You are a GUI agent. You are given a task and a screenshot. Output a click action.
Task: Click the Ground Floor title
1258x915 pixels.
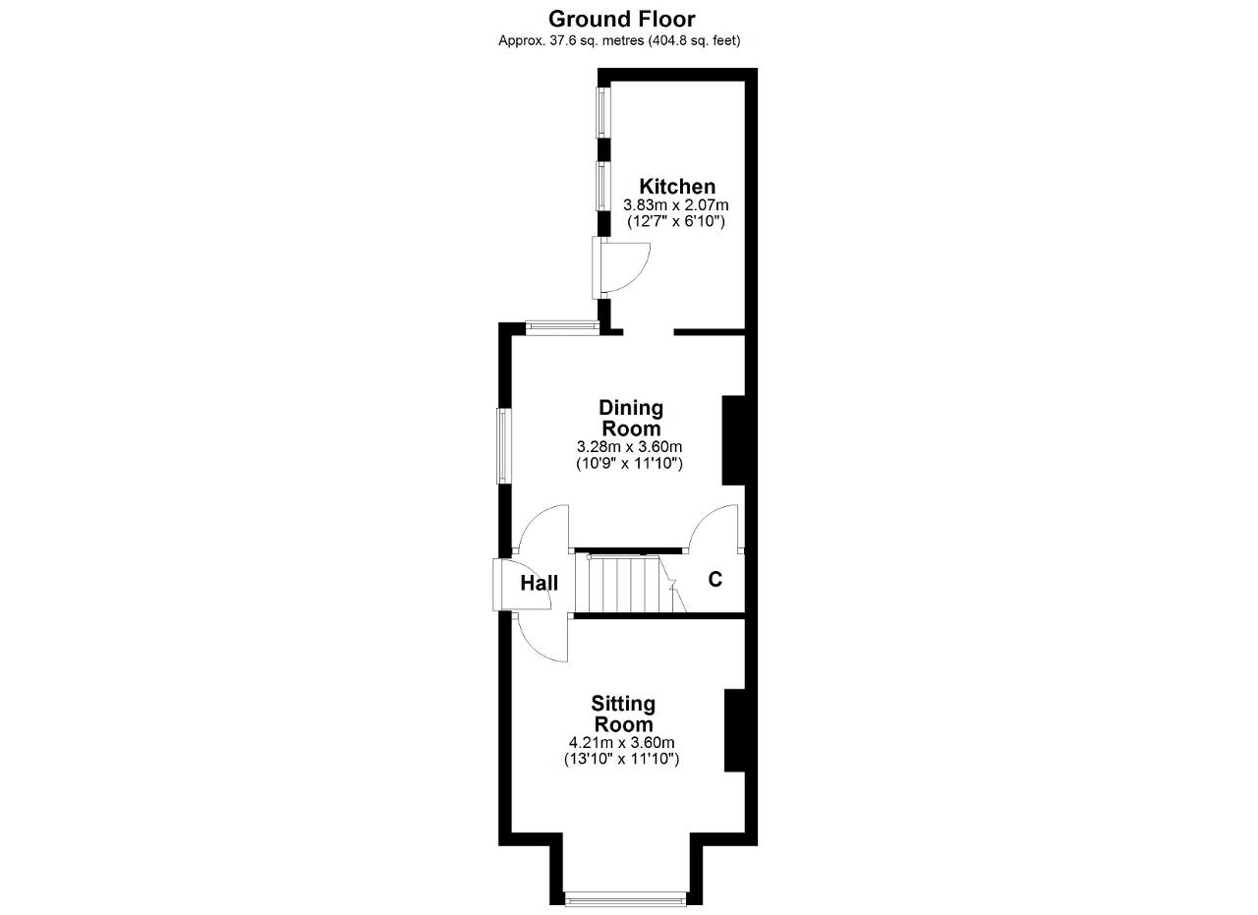[x=622, y=19]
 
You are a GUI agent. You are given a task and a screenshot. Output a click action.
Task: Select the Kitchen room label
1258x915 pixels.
[x=677, y=187]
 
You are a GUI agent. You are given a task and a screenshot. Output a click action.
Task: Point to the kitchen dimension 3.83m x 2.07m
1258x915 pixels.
[x=676, y=204]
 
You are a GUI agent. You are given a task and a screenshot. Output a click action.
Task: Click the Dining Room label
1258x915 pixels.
[x=631, y=419]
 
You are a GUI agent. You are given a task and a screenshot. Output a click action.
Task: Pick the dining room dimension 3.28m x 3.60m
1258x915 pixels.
[x=630, y=447]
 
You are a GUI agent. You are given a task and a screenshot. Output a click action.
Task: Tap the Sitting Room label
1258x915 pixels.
[x=623, y=714]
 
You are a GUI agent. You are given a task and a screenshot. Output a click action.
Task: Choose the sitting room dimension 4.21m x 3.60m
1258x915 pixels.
[x=622, y=743]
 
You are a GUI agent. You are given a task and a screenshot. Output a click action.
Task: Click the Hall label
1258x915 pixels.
[x=540, y=583]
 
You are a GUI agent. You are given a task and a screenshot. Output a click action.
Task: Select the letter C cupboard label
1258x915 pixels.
[x=715, y=579]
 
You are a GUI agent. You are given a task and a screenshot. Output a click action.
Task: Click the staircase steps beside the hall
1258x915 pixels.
[x=630, y=583]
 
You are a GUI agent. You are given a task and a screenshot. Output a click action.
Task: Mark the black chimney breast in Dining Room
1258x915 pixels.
[x=733, y=440]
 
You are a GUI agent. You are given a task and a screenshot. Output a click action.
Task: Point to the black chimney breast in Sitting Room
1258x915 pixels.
[x=734, y=730]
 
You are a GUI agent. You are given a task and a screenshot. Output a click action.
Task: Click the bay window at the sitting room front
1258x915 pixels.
[x=626, y=899]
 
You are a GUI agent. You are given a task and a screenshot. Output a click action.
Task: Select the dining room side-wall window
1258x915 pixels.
[x=504, y=446]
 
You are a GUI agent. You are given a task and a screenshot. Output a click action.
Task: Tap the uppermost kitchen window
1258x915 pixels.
[x=603, y=112]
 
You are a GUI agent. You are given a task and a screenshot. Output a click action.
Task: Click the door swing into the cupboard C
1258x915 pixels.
[x=714, y=527]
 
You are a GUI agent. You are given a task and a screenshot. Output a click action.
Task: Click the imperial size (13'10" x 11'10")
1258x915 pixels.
[x=622, y=760]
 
